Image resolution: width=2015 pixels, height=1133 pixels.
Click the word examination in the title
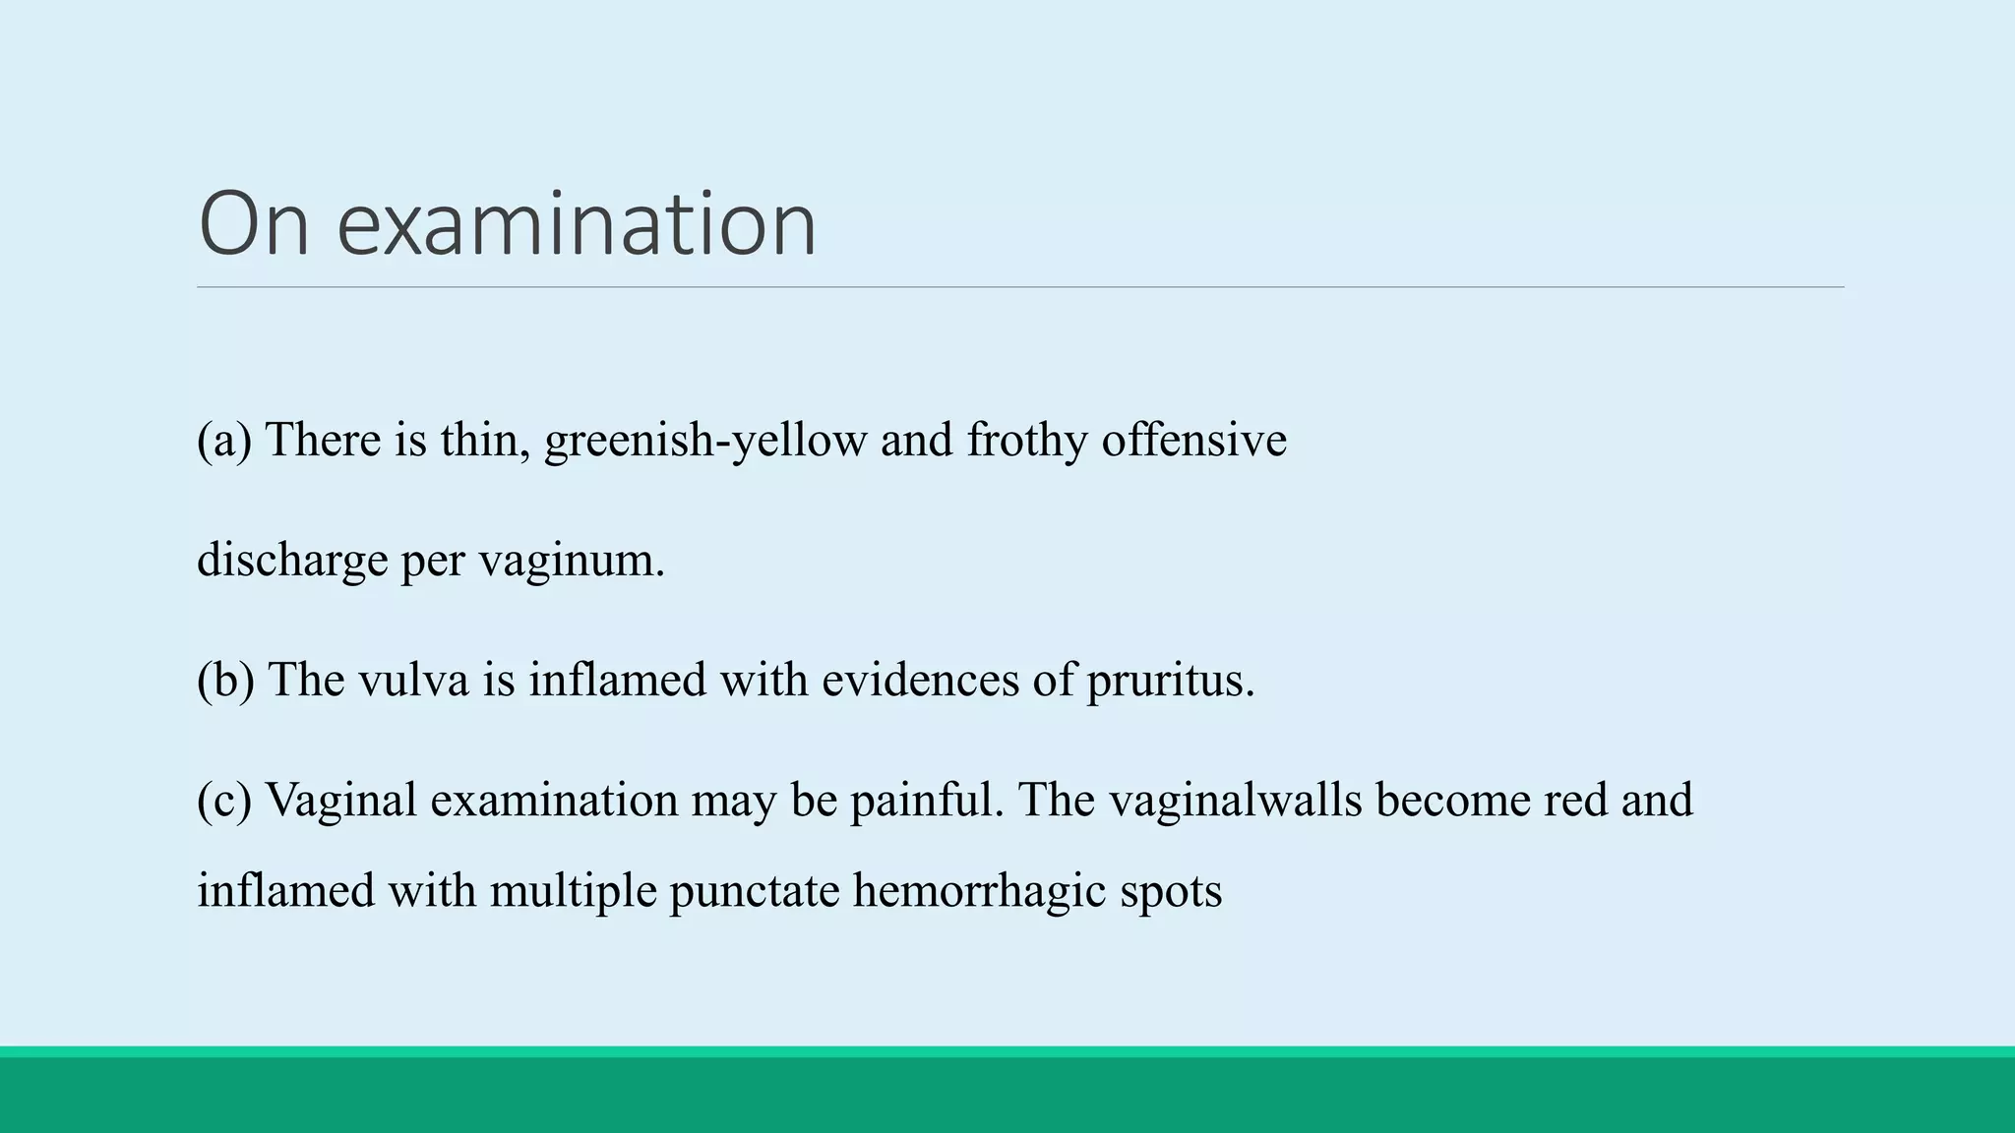pyautogui.click(x=577, y=224)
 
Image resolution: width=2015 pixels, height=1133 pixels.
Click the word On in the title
pyautogui.click(x=254, y=224)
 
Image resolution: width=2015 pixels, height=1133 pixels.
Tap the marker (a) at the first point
pyautogui.click(x=224, y=440)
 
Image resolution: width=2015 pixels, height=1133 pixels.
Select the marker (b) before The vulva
pyautogui.click(x=225, y=680)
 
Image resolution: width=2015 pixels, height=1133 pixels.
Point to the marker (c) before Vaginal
pyautogui.click(x=224, y=800)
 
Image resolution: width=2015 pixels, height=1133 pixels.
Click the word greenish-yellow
pyautogui.click(x=705, y=440)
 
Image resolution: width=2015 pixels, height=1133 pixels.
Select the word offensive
pyautogui.click(x=1193, y=440)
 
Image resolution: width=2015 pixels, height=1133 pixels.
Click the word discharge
pyautogui.click(x=292, y=561)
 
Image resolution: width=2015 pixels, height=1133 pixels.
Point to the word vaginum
pyautogui.click(x=572, y=561)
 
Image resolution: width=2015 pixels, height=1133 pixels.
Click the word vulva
pyautogui.click(x=413, y=680)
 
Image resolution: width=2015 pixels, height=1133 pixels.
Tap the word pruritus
pyautogui.click(x=1170, y=680)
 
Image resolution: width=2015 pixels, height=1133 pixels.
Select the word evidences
pyautogui.click(x=920, y=680)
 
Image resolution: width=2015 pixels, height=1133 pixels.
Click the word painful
pyautogui.click(x=926, y=800)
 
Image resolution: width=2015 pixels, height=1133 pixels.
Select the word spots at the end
pyautogui.click(x=1171, y=891)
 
